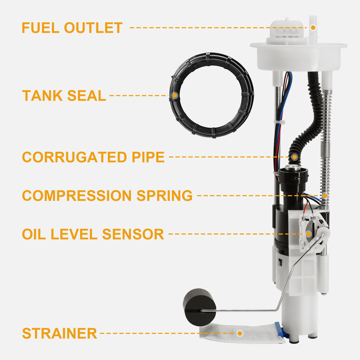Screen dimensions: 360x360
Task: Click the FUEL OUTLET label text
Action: pos(72,27)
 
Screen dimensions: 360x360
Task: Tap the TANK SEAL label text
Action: pos(64,95)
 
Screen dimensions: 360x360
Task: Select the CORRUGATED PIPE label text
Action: pos(93,157)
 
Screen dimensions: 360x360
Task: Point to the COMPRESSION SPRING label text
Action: pos(107,195)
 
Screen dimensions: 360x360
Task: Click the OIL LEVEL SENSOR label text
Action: pos(93,234)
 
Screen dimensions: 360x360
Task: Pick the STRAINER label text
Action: pos(59,333)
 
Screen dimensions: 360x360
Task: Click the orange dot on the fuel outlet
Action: pos(313,27)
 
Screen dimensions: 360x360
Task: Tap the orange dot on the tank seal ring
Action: pos(174,95)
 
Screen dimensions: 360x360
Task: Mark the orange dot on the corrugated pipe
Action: pos(294,157)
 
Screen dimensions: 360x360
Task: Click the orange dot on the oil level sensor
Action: pos(308,234)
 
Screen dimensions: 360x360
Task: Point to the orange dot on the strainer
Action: pos(240,333)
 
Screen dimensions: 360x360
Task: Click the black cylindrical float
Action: pos(199,305)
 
